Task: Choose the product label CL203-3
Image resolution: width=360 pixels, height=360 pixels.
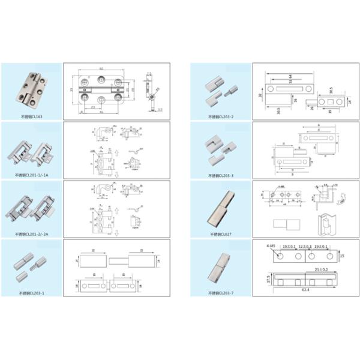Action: click(x=219, y=175)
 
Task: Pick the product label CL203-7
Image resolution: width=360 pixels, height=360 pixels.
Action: click(x=219, y=292)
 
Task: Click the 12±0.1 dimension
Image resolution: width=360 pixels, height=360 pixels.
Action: click(x=305, y=246)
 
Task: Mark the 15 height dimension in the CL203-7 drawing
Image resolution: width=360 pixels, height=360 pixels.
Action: click(x=341, y=256)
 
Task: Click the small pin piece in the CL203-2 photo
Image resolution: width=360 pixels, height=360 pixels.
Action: click(x=230, y=93)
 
